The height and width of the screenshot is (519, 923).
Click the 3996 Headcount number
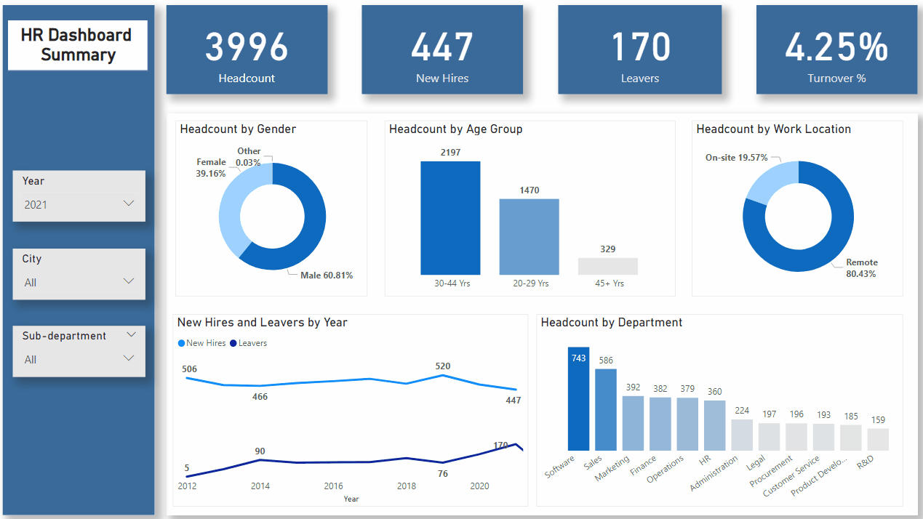(x=247, y=47)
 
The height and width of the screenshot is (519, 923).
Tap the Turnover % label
(x=836, y=79)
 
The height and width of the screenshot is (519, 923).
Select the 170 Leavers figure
(x=640, y=47)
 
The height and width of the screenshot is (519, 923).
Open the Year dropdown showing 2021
(x=79, y=204)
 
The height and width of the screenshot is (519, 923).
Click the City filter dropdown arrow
(x=129, y=281)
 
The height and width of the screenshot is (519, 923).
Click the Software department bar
(x=579, y=398)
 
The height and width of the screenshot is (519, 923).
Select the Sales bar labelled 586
(x=606, y=409)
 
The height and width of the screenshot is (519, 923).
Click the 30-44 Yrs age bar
(x=450, y=218)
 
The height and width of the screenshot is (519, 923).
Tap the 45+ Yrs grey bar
(x=608, y=266)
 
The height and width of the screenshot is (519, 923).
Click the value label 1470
(x=529, y=190)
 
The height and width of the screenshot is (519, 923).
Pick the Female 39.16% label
(x=211, y=168)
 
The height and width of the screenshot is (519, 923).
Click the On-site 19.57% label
(x=736, y=157)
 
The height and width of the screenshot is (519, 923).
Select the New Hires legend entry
(x=202, y=343)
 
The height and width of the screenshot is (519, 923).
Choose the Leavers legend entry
(x=249, y=343)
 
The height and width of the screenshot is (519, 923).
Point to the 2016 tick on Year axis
(x=333, y=486)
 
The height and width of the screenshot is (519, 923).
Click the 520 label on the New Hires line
(x=442, y=366)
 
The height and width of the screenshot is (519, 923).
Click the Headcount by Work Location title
(x=773, y=129)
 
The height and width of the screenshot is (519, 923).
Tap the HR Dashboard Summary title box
(x=77, y=45)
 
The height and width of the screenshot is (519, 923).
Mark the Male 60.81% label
(x=327, y=275)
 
